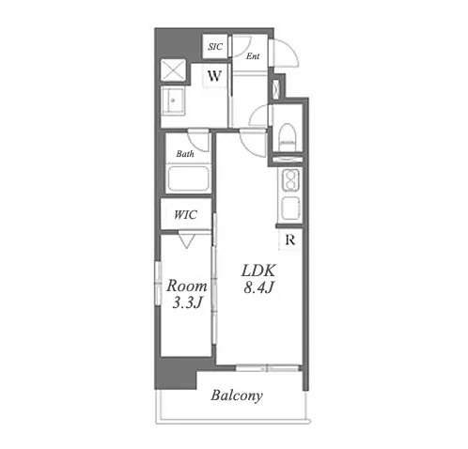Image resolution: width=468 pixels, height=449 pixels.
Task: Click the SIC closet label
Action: tap(215, 47)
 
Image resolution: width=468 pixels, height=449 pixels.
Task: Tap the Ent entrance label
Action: tap(253, 56)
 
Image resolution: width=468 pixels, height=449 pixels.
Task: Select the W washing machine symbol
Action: tap(214, 75)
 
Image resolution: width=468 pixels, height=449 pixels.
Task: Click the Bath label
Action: tap(185, 153)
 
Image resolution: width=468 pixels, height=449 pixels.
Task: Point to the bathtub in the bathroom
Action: tap(188, 178)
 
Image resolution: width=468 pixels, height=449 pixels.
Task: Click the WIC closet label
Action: tap(185, 215)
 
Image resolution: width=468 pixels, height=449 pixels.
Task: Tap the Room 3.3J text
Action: tap(187, 294)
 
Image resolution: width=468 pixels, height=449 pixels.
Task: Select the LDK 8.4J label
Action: tap(258, 279)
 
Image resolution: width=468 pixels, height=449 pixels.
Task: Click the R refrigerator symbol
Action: tap(290, 240)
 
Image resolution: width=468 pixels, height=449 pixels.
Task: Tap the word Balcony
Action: tap(237, 395)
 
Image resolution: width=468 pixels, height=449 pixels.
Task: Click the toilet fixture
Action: tap(288, 138)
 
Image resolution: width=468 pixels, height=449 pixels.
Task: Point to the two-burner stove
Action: tap(291, 181)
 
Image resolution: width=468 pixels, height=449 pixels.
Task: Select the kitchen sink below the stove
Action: tap(291, 209)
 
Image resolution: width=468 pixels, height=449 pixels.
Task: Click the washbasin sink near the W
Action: tap(172, 101)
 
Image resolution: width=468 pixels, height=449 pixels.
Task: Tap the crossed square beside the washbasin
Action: tap(173, 71)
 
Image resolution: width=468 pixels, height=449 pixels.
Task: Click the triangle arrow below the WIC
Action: tap(187, 240)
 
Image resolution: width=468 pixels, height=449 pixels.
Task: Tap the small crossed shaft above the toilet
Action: tap(276, 88)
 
